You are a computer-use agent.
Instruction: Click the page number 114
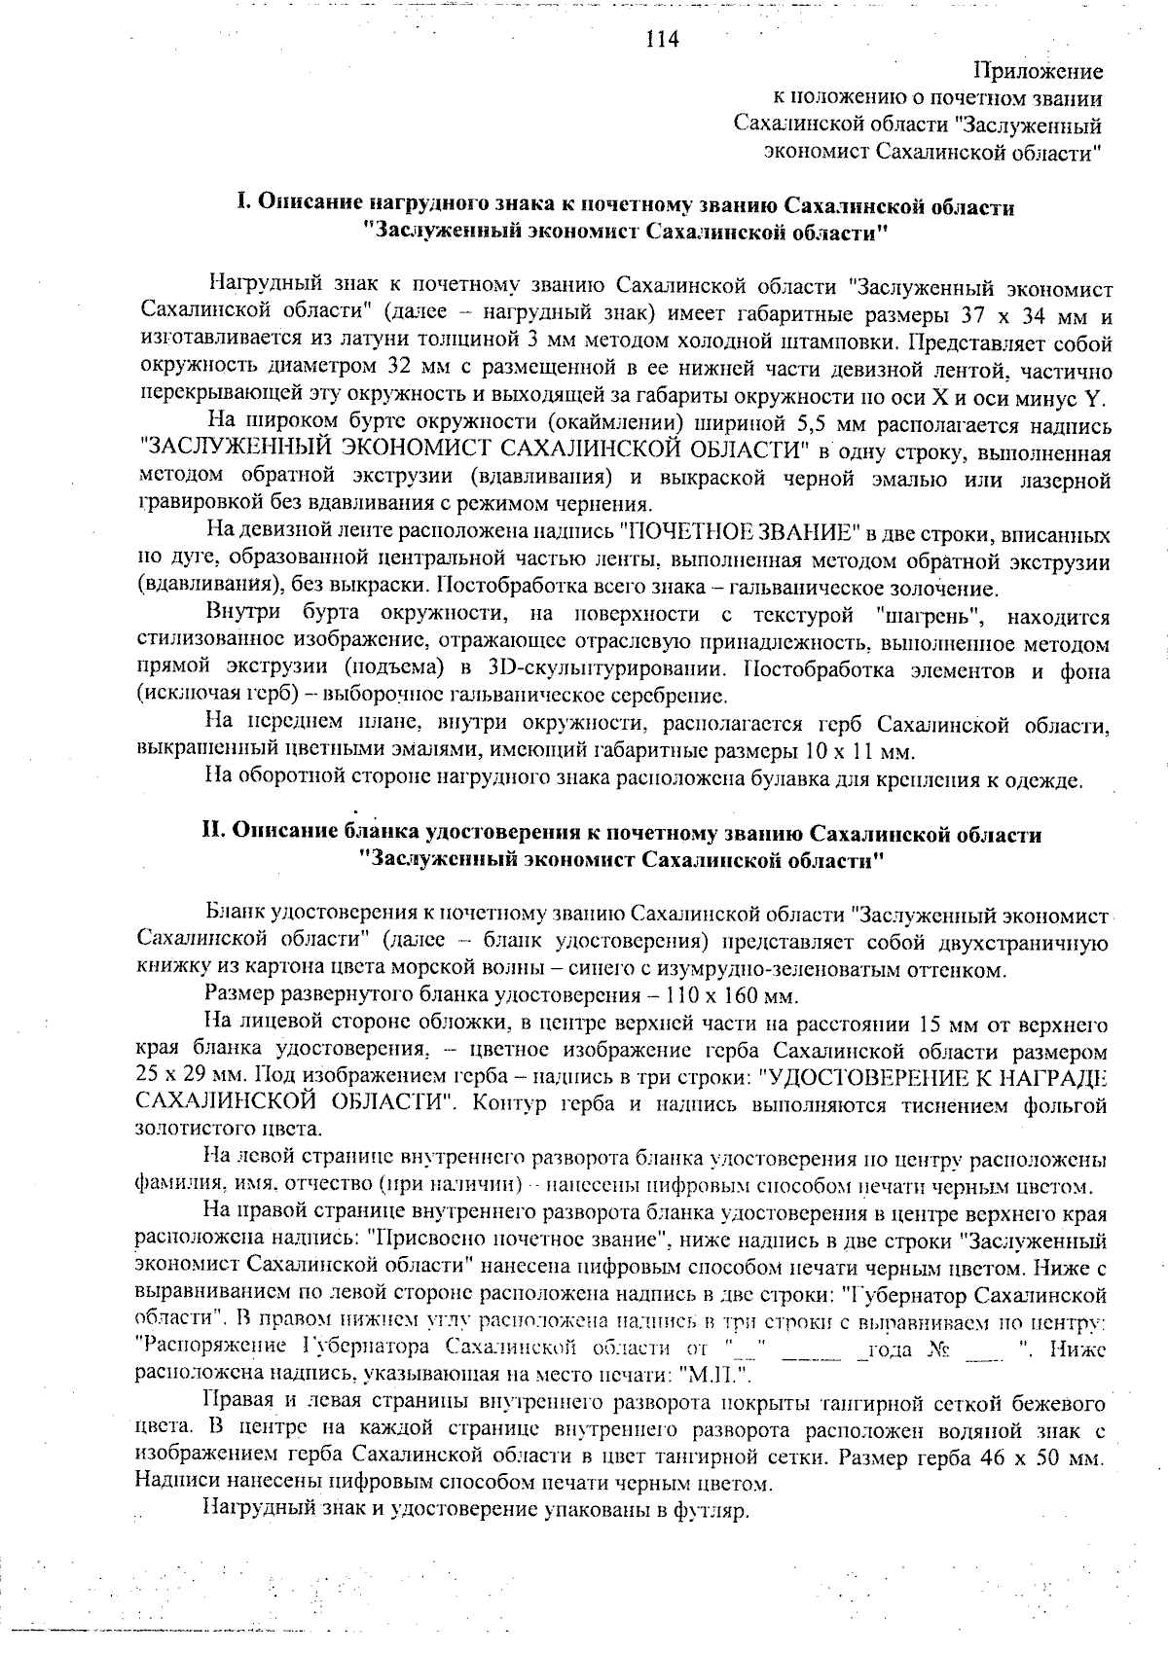coord(661,40)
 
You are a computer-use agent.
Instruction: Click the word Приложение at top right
coord(1039,72)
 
